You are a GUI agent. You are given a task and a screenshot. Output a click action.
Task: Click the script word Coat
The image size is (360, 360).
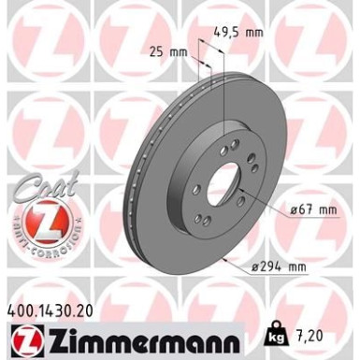(35, 191)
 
